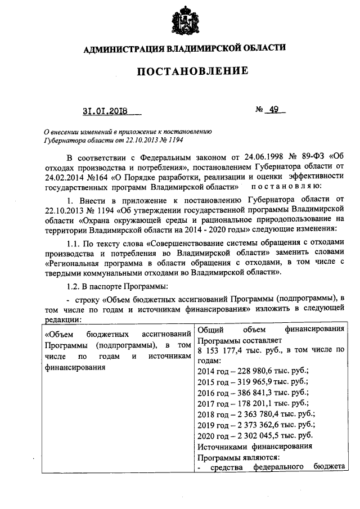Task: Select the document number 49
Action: [x=274, y=110]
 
